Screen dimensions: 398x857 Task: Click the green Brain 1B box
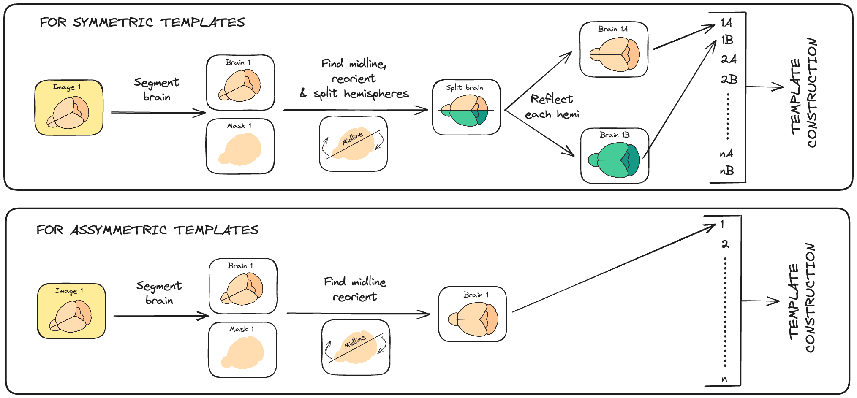point(615,156)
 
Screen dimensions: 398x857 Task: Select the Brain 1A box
point(614,49)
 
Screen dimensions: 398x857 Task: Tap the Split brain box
point(466,107)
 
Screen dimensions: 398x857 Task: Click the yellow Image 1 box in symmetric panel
point(69,108)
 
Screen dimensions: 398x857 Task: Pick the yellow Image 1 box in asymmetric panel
point(71,311)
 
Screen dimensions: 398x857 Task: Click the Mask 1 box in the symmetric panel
point(240,146)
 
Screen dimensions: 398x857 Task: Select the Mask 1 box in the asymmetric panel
point(242,349)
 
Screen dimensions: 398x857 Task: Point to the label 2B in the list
point(729,79)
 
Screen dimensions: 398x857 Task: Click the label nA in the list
point(726,154)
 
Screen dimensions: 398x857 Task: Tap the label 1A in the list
point(726,22)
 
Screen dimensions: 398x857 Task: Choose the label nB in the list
point(727,171)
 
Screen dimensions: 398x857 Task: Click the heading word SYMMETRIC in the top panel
point(113,22)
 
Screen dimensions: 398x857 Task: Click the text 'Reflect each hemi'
point(552,106)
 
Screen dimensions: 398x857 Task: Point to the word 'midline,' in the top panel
point(367,64)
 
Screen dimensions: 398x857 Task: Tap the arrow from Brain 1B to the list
point(680,99)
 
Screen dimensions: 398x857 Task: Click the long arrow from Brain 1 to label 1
point(612,269)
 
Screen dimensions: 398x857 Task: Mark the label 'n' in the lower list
point(724,379)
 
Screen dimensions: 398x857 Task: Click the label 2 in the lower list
point(725,244)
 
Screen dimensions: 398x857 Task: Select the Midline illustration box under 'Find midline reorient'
point(356,347)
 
